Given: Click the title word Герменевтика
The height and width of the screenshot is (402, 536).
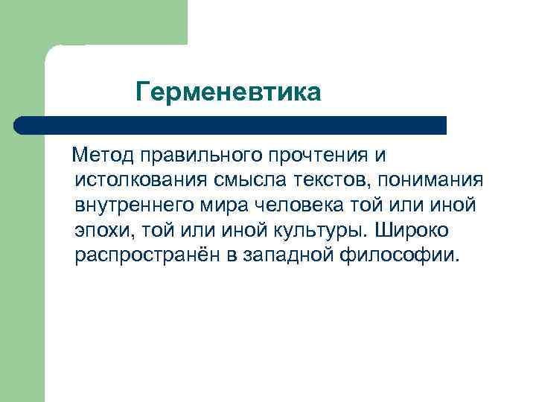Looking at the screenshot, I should pyautogui.click(x=229, y=93).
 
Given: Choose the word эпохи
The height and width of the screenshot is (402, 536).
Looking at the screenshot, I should pyautogui.click(x=100, y=230).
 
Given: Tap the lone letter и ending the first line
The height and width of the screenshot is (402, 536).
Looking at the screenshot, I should pyautogui.click(x=380, y=156).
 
